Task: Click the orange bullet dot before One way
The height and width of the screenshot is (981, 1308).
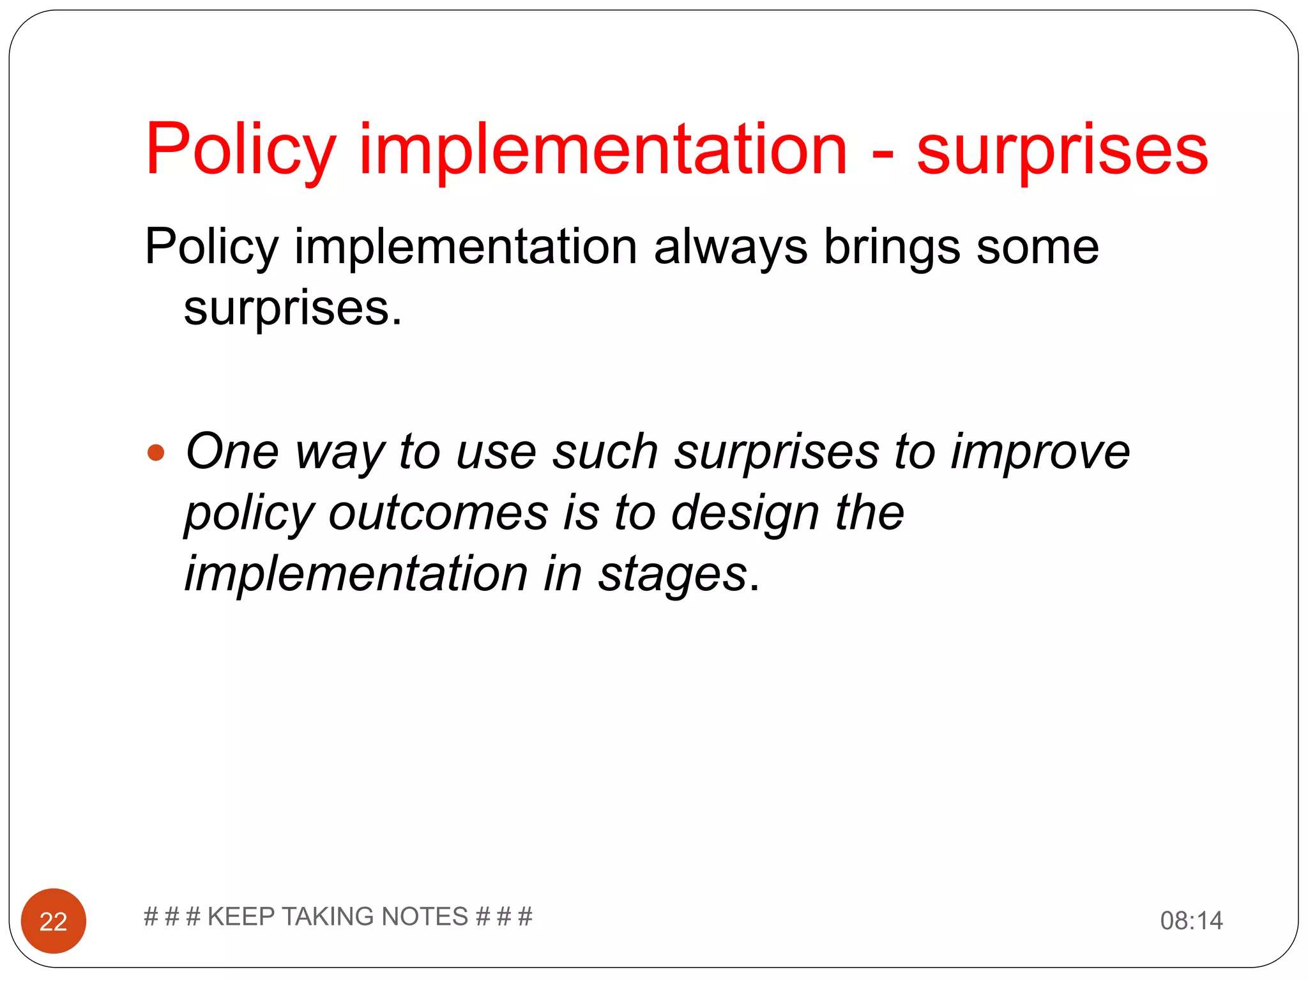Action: tap(156, 453)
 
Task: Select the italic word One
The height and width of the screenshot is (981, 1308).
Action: tap(232, 452)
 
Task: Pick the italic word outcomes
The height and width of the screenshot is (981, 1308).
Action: tap(438, 513)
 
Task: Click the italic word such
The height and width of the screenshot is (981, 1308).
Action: tap(605, 452)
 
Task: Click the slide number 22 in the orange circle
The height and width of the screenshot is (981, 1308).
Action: tap(54, 922)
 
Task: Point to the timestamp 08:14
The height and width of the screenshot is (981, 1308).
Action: tap(1191, 921)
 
